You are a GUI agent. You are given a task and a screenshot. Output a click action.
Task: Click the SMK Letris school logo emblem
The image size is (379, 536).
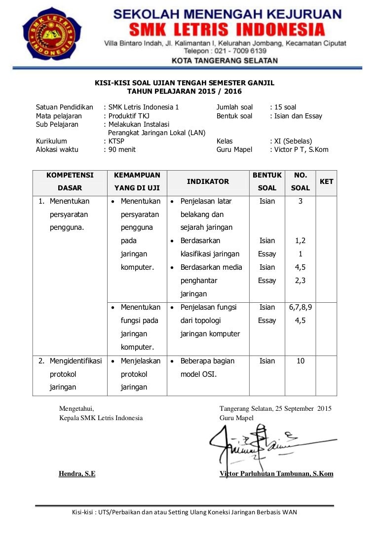(x=52, y=33)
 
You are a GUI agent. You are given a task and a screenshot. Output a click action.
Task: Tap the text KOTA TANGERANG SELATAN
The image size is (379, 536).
(x=225, y=61)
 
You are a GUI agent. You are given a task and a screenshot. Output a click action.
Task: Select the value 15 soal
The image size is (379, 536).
(x=285, y=107)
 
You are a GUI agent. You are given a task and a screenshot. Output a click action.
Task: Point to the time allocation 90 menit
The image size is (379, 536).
(x=121, y=149)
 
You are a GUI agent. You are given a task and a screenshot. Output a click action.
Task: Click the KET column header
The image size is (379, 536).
(x=326, y=181)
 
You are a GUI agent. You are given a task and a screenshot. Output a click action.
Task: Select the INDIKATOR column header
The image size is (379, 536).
(x=208, y=181)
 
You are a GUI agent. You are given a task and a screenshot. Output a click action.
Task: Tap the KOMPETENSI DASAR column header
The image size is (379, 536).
(x=70, y=181)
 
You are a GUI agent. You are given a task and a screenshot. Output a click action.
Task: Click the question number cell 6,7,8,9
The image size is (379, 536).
(x=300, y=307)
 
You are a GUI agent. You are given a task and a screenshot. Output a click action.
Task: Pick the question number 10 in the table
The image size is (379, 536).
(x=300, y=361)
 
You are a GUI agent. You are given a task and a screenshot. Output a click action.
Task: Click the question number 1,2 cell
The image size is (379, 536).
(x=300, y=241)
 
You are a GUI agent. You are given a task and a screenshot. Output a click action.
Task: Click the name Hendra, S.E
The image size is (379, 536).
(x=77, y=474)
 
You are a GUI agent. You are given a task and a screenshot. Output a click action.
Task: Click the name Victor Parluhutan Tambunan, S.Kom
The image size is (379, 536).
(x=276, y=474)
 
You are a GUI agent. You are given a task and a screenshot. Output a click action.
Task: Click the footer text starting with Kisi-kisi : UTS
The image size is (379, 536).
(x=185, y=512)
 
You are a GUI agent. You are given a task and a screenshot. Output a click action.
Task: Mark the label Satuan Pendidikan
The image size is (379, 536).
(x=65, y=107)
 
